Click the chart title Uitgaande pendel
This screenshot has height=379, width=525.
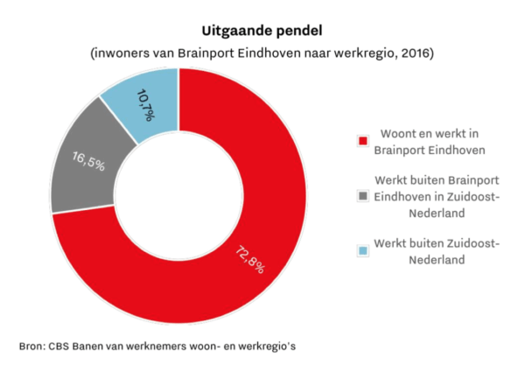[262, 32]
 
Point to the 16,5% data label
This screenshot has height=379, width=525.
[88, 161]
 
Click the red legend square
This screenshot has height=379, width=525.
[363, 140]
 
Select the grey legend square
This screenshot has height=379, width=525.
[363, 196]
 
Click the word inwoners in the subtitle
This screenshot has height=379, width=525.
[122, 53]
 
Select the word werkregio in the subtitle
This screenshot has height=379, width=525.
[368, 53]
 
